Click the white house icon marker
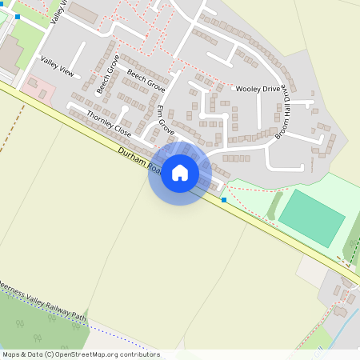point(180,173)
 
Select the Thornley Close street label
point(108,123)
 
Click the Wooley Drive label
point(258,89)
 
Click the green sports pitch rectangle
point(311,218)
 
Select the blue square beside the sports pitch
point(224,199)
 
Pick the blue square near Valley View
point(17,16)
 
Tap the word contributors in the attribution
point(138,354)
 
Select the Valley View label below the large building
point(57,67)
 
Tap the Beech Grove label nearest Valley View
point(107,74)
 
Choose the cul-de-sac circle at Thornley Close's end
point(125,109)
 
